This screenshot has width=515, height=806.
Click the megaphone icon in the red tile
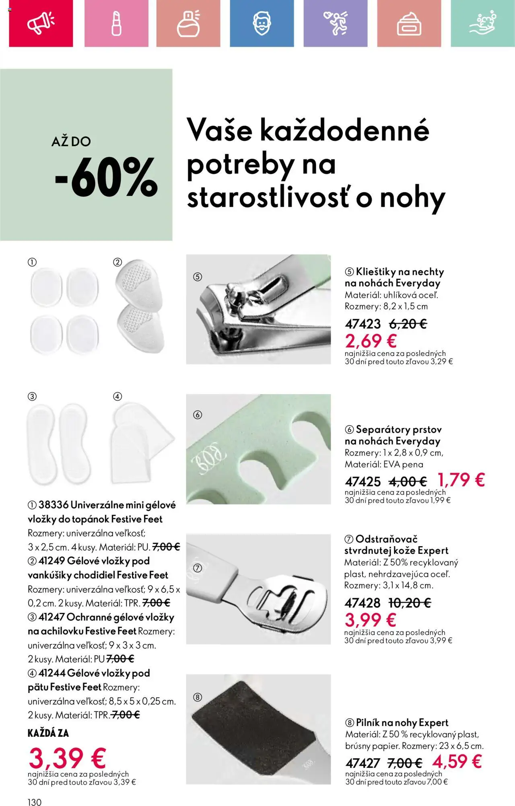tap(41, 23)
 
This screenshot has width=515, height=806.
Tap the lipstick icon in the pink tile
tap(116, 23)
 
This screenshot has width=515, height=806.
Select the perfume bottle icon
tap(188, 23)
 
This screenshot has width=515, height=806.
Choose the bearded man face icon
tap(262, 23)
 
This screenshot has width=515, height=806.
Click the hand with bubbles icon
tap(482, 23)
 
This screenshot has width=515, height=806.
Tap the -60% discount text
tap(105, 177)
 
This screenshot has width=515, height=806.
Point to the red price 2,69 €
tap(371, 341)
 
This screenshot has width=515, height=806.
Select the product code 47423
tap(363, 324)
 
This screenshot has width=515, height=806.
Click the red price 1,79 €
tap(461, 480)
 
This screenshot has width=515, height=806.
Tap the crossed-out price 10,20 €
tap(409, 603)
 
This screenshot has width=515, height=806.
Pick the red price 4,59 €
tap(457, 761)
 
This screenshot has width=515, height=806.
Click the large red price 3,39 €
tap(67, 758)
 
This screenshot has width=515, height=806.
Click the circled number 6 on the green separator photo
tap(198, 415)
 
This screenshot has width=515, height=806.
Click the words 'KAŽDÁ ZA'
tap(48, 733)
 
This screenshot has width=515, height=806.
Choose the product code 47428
tap(362, 603)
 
